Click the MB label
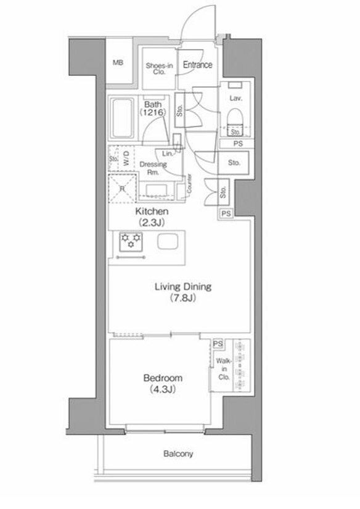118,63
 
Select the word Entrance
197,65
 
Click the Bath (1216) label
151,109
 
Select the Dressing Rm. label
153,168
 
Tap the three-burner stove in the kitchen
130,241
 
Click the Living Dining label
182,292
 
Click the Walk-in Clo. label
223,369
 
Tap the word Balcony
178,454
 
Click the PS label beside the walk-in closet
218,344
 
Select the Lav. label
234,98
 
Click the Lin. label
166,153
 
